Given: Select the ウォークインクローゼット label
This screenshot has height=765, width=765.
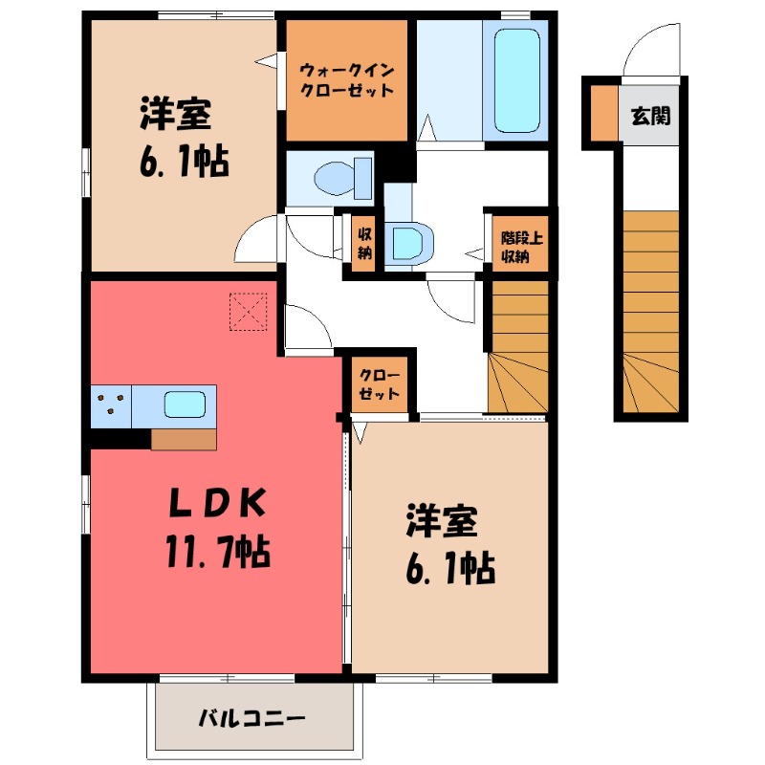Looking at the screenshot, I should click(347, 80).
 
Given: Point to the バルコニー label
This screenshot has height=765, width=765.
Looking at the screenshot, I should click(251, 717).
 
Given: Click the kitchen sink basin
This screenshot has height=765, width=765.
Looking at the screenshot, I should click(185, 404).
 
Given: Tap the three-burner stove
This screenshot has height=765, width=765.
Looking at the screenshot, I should click(112, 405).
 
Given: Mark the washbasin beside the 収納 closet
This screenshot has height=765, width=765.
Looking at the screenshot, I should click(406, 241).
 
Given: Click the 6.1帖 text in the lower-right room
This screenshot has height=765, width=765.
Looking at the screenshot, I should click(448, 571).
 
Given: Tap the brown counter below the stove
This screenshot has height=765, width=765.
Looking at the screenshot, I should click(184, 438).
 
